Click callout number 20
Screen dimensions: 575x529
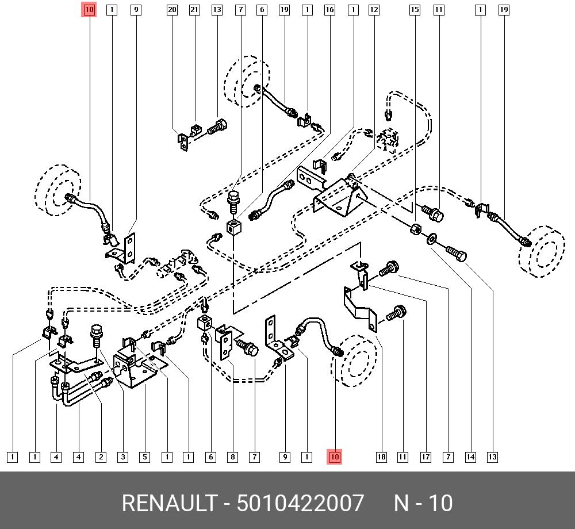tap(172, 10)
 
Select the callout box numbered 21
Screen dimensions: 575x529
tap(194, 10)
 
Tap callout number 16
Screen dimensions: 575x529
tap(329, 10)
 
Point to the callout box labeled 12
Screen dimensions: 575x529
tap(374, 10)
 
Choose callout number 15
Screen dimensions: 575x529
tap(415, 10)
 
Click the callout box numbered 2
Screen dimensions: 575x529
tap(101, 457)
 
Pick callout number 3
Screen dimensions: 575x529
tap(123, 457)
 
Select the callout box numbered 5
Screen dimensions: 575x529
tap(145, 457)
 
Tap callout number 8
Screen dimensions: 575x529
tap(232, 457)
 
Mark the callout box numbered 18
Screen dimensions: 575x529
tap(381, 457)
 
